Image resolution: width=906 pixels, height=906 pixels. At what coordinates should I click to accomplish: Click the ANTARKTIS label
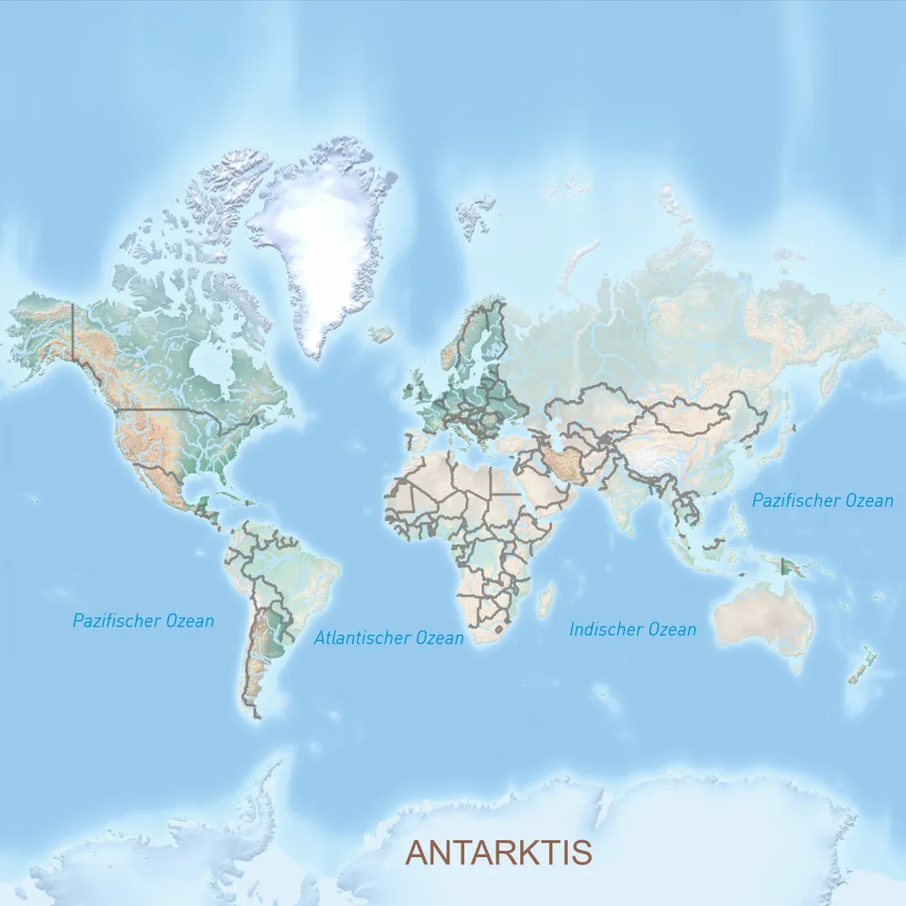pos(498,852)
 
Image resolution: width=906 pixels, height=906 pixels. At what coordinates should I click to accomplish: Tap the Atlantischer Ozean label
pos(389,638)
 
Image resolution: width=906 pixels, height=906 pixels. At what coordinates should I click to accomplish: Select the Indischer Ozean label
pos(632,629)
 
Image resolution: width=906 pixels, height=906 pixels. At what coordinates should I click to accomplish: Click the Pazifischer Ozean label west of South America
pos(143,621)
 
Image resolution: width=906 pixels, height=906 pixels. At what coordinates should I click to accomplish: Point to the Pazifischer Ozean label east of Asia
pos(822,500)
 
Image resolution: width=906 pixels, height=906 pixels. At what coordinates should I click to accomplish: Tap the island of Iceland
pos(381,333)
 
